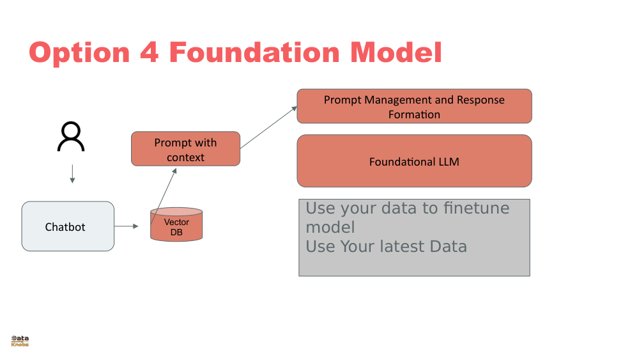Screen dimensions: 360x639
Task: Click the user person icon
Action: [x=71, y=137]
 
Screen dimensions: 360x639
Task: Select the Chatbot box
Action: [x=68, y=226]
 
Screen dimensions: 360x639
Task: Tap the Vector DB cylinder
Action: [x=176, y=225]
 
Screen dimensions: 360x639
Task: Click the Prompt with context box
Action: [x=185, y=149]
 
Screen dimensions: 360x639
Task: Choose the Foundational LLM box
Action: [x=414, y=161]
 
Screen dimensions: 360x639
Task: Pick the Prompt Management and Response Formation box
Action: [x=414, y=106]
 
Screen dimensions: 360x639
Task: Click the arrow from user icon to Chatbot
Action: [x=72, y=174]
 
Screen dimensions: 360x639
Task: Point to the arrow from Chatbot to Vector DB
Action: [x=127, y=226]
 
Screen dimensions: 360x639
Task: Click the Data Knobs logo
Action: [x=20, y=341]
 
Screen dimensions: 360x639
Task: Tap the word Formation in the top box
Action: [x=414, y=114]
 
